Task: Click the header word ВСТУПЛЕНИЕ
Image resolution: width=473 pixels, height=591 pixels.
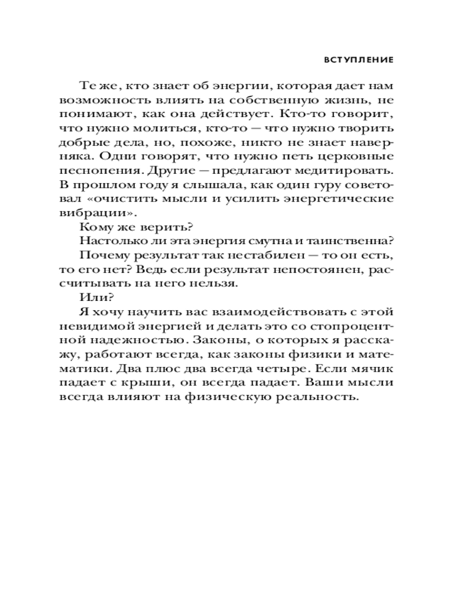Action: click(x=359, y=60)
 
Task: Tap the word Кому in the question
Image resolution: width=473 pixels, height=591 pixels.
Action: click(x=93, y=228)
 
